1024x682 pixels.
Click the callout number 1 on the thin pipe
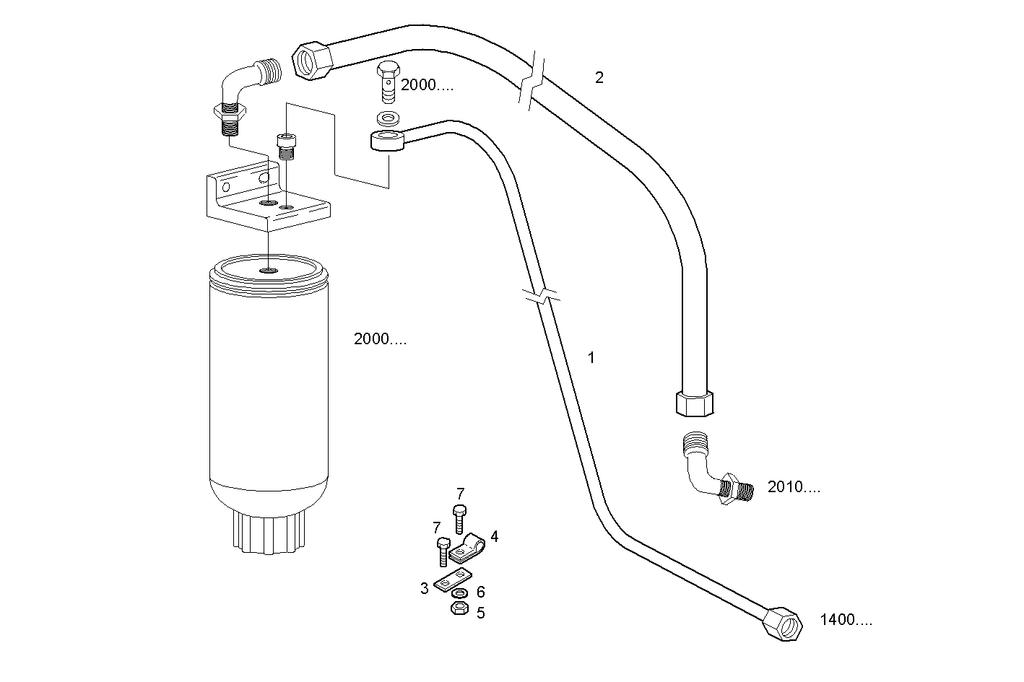pyautogui.click(x=591, y=357)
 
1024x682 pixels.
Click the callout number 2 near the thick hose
pyautogui.click(x=599, y=78)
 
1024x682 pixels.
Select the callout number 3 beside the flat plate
pyautogui.click(x=425, y=588)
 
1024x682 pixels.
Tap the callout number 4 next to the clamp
pyautogui.click(x=494, y=536)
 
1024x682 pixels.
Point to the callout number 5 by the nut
pyautogui.click(x=480, y=613)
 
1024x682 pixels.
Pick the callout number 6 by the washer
pyautogui.click(x=480, y=592)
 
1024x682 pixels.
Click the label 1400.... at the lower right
pyautogui.click(x=846, y=619)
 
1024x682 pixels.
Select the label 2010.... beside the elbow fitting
pyautogui.click(x=794, y=487)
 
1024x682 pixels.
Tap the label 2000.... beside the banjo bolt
pyautogui.click(x=427, y=85)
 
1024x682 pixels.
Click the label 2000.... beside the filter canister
pyautogui.click(x=380, y=339)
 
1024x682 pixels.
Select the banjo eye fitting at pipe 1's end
pyautogui.click(x=387, y=140)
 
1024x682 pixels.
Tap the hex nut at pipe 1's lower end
pyautogui.click(x=784, y=623)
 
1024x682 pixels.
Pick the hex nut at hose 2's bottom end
pyautogui.click(x=696, y=403)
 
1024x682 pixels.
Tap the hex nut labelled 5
pyautogui.click(x=458, y=609)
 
